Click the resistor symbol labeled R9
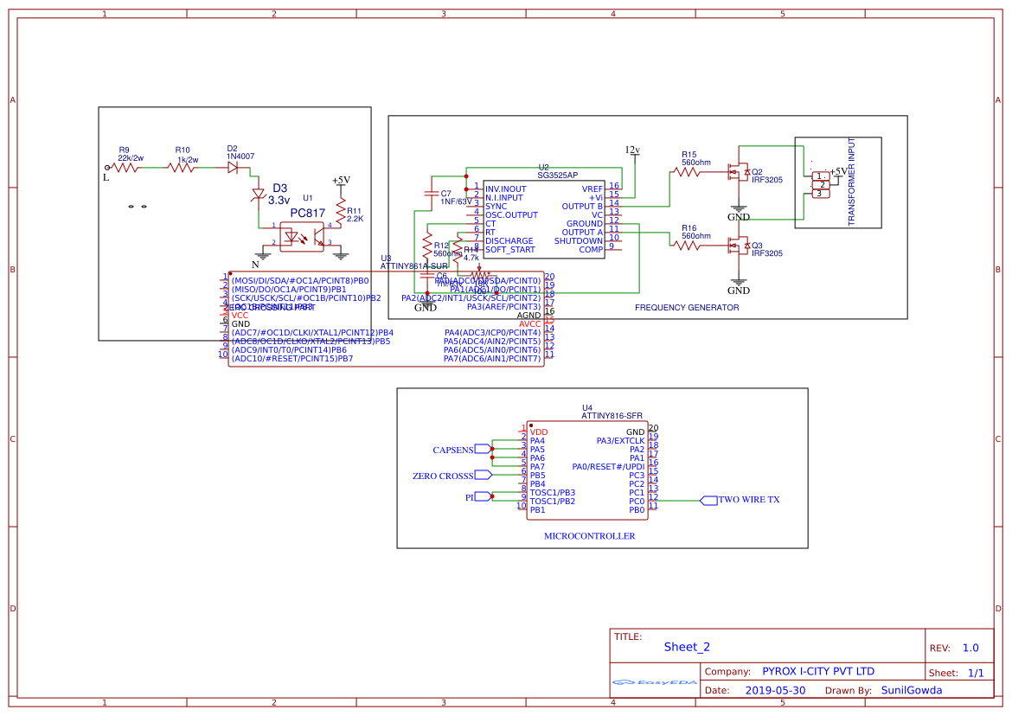(126, 168)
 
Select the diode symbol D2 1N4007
(233, 168)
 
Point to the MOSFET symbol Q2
(738, 172)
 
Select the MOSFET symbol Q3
(738, 246)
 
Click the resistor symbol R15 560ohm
(688, 172)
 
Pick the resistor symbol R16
(688, 246)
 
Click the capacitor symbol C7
(432, 195)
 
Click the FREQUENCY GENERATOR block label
(687, 307)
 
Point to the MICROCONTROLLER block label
(589, 536)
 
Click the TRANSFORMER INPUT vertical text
(851, 182)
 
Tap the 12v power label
(632, 150)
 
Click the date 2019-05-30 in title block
(774, 690)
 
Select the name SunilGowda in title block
(911, 690)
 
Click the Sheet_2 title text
(687, 647)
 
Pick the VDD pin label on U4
(539, 432)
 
